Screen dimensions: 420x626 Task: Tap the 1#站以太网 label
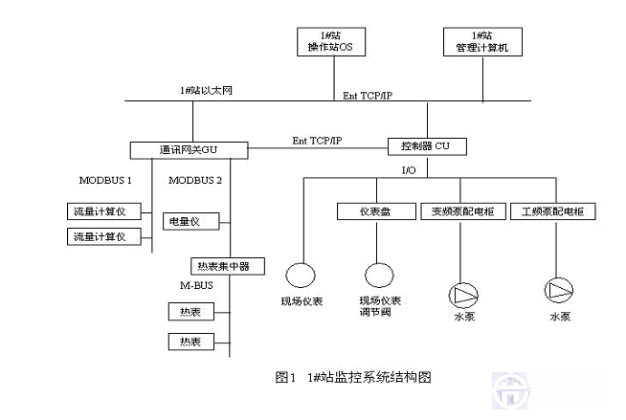point(206,90)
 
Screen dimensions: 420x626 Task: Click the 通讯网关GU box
point(188,149)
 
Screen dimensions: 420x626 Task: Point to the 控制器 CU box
point(428,146)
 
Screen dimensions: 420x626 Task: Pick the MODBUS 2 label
point(195,180)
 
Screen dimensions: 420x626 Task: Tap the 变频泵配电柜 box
point(458,211)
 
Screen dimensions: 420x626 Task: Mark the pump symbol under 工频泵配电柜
point(557,289)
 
